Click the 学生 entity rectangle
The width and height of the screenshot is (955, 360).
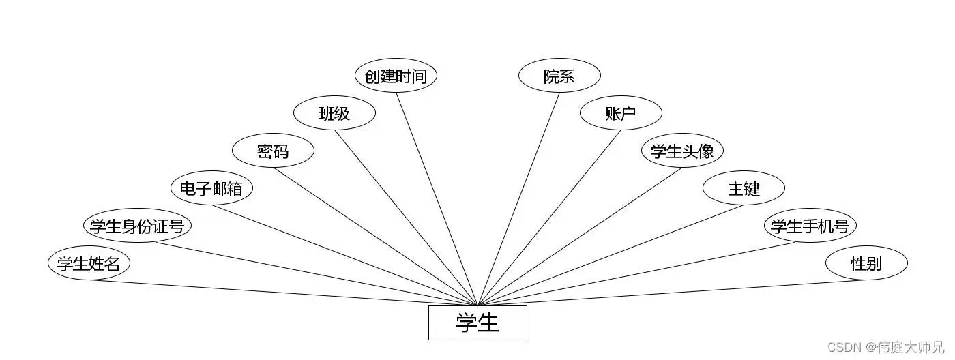click(x=477, y=322)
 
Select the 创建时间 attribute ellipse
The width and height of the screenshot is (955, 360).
click(x=396, y=76)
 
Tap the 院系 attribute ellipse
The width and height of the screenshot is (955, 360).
click(x=559, y=76)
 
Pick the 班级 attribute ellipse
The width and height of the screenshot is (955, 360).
click(x=334, y=113)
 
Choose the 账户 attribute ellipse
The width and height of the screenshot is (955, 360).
click(x=621, y=113)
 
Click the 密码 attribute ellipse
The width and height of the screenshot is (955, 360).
click(x=273, y=151)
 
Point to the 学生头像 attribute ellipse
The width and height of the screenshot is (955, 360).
click(x=682, y=151)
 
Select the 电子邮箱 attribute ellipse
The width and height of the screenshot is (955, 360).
click(x=211, y=188)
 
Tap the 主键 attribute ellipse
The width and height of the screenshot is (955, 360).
click(x=744, y=188)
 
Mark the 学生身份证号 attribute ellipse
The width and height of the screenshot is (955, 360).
click(x=137, y=226)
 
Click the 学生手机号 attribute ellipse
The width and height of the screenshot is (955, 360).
click(x=810, y=226)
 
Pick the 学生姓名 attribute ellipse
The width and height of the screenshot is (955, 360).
click(x=89, y=263)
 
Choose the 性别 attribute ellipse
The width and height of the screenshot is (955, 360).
click(x=866, y=263)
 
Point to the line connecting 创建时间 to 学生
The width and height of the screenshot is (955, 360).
click(x=437, y=198)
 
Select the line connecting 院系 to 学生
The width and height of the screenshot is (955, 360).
click(x=518, y=198)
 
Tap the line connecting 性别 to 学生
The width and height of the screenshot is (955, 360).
click(x=672, y=292)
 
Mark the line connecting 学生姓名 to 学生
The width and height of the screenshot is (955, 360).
click(x=283, y=292)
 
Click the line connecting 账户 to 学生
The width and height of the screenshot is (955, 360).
click(x=550, y=217)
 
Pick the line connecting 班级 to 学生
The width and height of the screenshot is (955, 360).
click(x=406, y=217)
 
